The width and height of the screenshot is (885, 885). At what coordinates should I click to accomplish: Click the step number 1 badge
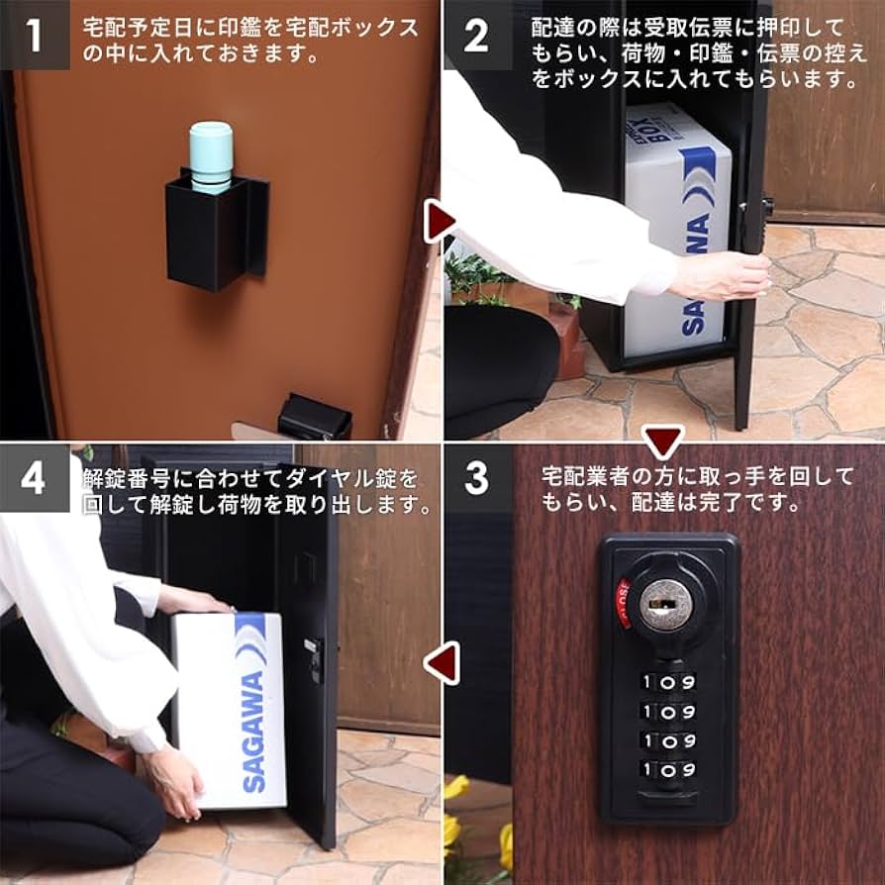click(x=35, y=35)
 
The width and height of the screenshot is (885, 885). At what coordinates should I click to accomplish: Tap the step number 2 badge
click(x=477, y=35)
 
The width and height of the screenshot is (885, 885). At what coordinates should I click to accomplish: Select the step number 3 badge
click(x=477, y=478)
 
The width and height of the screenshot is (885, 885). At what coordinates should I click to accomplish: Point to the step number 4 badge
click(x=35, y=478)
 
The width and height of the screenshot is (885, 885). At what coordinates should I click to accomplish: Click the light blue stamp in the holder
click(x=210, y=154)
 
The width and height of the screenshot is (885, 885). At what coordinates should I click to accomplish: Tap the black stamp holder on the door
click(x=215, y=234)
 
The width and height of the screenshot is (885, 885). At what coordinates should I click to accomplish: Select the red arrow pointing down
click(x=662, y=442)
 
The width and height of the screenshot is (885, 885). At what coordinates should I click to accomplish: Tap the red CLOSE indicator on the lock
click(x=624, y=602)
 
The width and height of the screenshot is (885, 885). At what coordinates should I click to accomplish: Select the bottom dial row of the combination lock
click(x=668, y=769)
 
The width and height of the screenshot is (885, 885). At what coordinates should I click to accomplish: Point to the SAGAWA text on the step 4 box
click(x=253, y=732)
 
